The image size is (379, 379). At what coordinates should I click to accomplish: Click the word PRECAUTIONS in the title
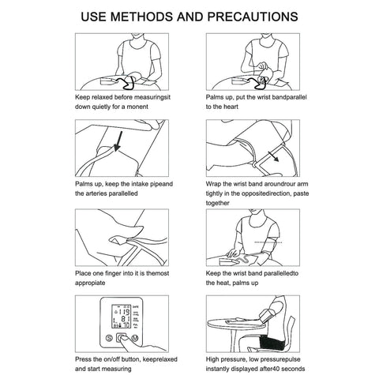pos(253,17)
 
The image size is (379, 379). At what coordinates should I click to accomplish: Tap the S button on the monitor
pos(109,338)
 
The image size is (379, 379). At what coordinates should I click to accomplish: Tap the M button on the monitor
pos(135,338)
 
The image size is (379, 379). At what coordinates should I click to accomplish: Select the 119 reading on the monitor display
pos(124,312)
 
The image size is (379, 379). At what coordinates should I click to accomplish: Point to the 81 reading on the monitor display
pos(125,319)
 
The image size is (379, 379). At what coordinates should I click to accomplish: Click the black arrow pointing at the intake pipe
pos(118,141)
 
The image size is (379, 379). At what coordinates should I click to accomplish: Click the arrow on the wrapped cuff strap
pos(273,156)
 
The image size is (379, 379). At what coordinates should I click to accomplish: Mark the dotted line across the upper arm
pos(268,242)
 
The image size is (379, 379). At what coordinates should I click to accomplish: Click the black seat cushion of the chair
pos(271,343)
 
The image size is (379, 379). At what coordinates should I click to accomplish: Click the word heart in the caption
pos(231,107)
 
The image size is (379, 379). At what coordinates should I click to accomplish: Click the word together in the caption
pos(217,203)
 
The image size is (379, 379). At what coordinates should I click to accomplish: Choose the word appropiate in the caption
pos(90,283)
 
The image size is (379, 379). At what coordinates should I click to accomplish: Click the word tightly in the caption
pos(214,193)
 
